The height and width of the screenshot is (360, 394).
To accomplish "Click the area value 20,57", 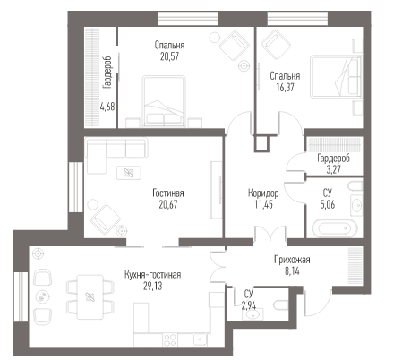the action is (x=169, y=56).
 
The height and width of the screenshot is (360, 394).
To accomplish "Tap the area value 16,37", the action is (x=285, y=88).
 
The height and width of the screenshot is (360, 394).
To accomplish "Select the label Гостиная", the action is (x=168, y=193).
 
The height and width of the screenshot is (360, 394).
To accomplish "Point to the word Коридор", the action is (x=263, y=193).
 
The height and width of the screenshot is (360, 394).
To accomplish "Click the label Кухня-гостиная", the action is (x=153, y=275).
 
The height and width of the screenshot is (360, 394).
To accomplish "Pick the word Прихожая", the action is (x=292, y=260).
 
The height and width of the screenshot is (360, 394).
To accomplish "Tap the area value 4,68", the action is (x=107, y=107).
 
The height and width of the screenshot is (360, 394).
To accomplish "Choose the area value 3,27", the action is (x=333, y=170).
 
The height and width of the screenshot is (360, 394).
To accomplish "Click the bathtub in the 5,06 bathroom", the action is (x=335, y=228).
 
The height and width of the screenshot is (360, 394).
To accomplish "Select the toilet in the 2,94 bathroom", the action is (x=281, y=305).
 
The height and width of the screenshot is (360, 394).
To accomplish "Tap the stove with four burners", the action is (x=171, y=339).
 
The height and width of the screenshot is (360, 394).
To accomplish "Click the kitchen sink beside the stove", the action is (x=201, y=339).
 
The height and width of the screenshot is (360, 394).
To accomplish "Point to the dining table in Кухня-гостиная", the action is (x=90, y=296).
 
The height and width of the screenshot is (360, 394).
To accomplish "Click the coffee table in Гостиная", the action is (x=129, y=173).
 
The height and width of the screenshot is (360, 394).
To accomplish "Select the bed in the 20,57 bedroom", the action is (x=164, y=101).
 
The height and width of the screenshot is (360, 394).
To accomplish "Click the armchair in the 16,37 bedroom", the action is (x=276, y=44).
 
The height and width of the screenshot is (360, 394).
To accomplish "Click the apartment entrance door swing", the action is (x=318, y=302).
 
